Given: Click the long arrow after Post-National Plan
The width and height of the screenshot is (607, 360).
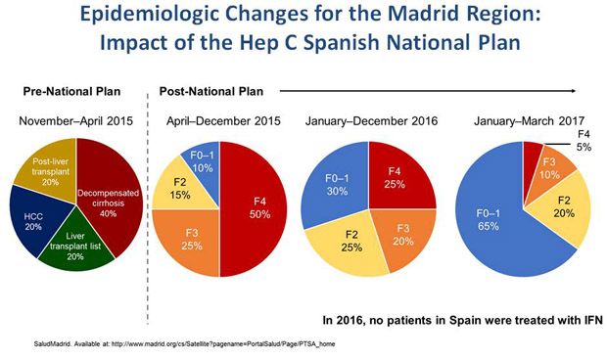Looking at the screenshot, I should tap(421, 90).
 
